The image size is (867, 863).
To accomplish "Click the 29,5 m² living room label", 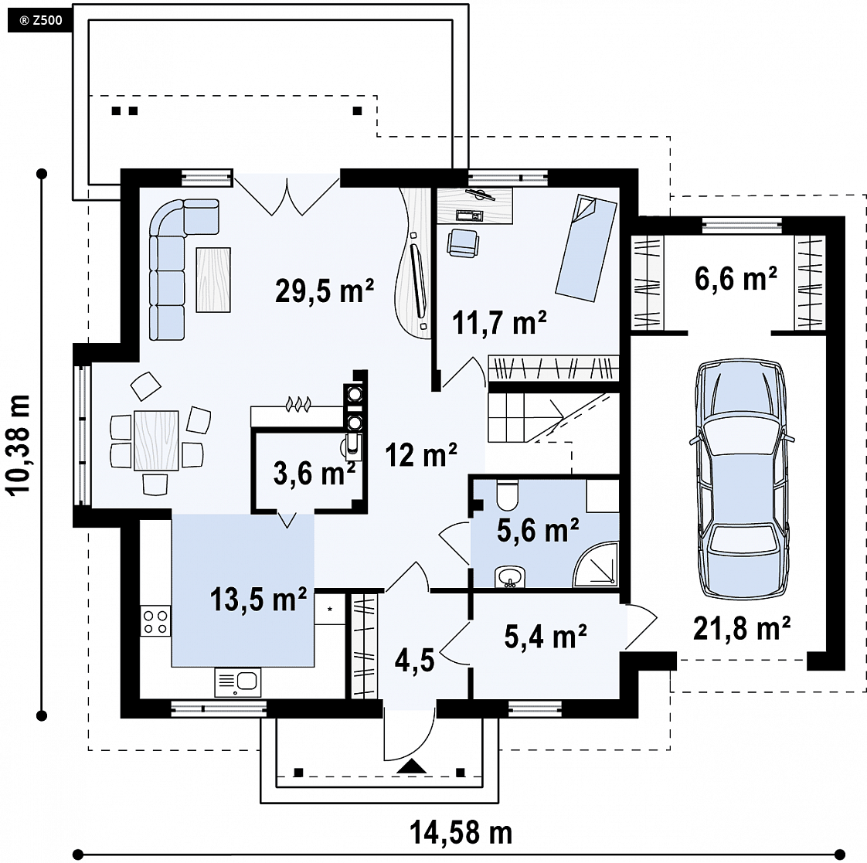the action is (325, 290).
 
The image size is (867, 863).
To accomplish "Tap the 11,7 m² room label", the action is (499, 321).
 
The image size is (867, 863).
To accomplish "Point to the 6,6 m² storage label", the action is (736, 278).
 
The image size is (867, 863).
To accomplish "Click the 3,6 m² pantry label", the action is (314, 474).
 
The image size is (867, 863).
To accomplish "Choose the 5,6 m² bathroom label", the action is (538, 530).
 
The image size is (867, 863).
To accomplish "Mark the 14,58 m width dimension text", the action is (461, 832).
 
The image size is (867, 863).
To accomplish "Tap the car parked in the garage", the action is (742, 479).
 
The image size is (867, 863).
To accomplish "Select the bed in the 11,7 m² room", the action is (586, 248).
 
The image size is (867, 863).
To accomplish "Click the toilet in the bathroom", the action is (506, 494).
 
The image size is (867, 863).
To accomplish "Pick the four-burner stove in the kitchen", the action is (155, 621).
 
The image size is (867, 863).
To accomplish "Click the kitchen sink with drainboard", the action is (238, 682).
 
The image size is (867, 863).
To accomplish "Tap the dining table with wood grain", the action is (157, 440).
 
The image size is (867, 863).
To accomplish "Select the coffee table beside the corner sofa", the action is (213, 280).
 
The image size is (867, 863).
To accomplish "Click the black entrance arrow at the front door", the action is (411, 766).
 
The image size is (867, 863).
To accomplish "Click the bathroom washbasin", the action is (509, 577).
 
